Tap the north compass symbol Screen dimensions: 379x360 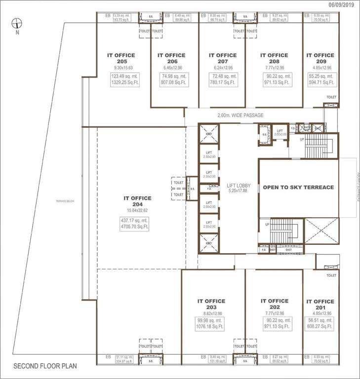tap(17, 23)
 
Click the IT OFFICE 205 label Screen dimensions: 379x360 tap(121, 58)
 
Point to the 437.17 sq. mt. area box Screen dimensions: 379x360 tap(134, 220)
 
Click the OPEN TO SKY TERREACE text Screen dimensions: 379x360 tap(298, 188)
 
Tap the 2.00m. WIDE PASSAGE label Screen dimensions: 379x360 tap(240, 115)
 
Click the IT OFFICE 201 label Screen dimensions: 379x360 tap(320, 304)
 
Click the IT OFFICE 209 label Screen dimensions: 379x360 tap(320, 58)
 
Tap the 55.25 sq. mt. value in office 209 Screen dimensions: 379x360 tap(320, 76)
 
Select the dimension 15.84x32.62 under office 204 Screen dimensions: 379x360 tap(134, 210)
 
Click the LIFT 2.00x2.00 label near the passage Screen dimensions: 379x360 tap(280, 132)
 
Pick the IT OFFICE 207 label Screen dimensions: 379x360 tap(223, 58)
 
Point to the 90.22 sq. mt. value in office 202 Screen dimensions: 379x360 tap(274, 320)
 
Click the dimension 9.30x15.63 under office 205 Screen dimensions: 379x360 tap(121, 68)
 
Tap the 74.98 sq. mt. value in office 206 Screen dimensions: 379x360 tap(171, 76)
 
